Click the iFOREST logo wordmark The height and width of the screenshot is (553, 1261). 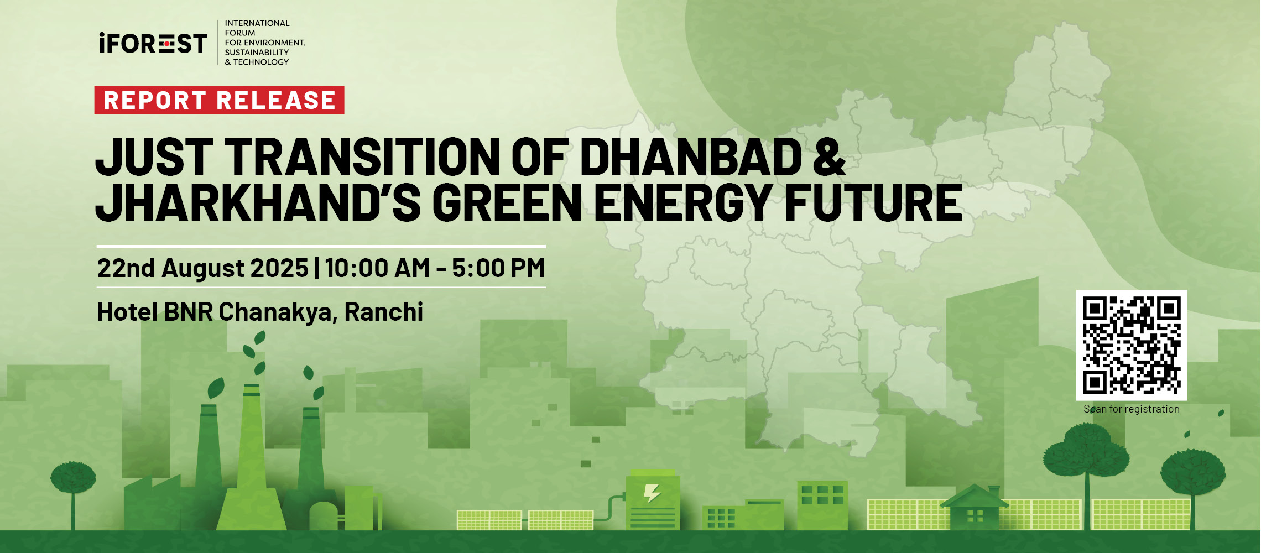tap(153, 43)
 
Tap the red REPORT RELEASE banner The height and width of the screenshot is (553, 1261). tap(219, 100)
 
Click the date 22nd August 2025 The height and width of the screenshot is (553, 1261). tap(202, 268)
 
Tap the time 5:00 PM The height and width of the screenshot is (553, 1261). tap(498, 268)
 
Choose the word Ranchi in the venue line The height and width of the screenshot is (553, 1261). tap(384, 312)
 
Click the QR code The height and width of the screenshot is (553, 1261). tap(1132, 345)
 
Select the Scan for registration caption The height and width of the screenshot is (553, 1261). tap(1132, 409)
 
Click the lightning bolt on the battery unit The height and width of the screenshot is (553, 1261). tap(652, 493)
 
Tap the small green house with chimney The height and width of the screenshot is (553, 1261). tap(974, 507)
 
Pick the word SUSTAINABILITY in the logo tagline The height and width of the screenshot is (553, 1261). tap(257, 53)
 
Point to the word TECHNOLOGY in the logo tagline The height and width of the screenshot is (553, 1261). tap(261, 62)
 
